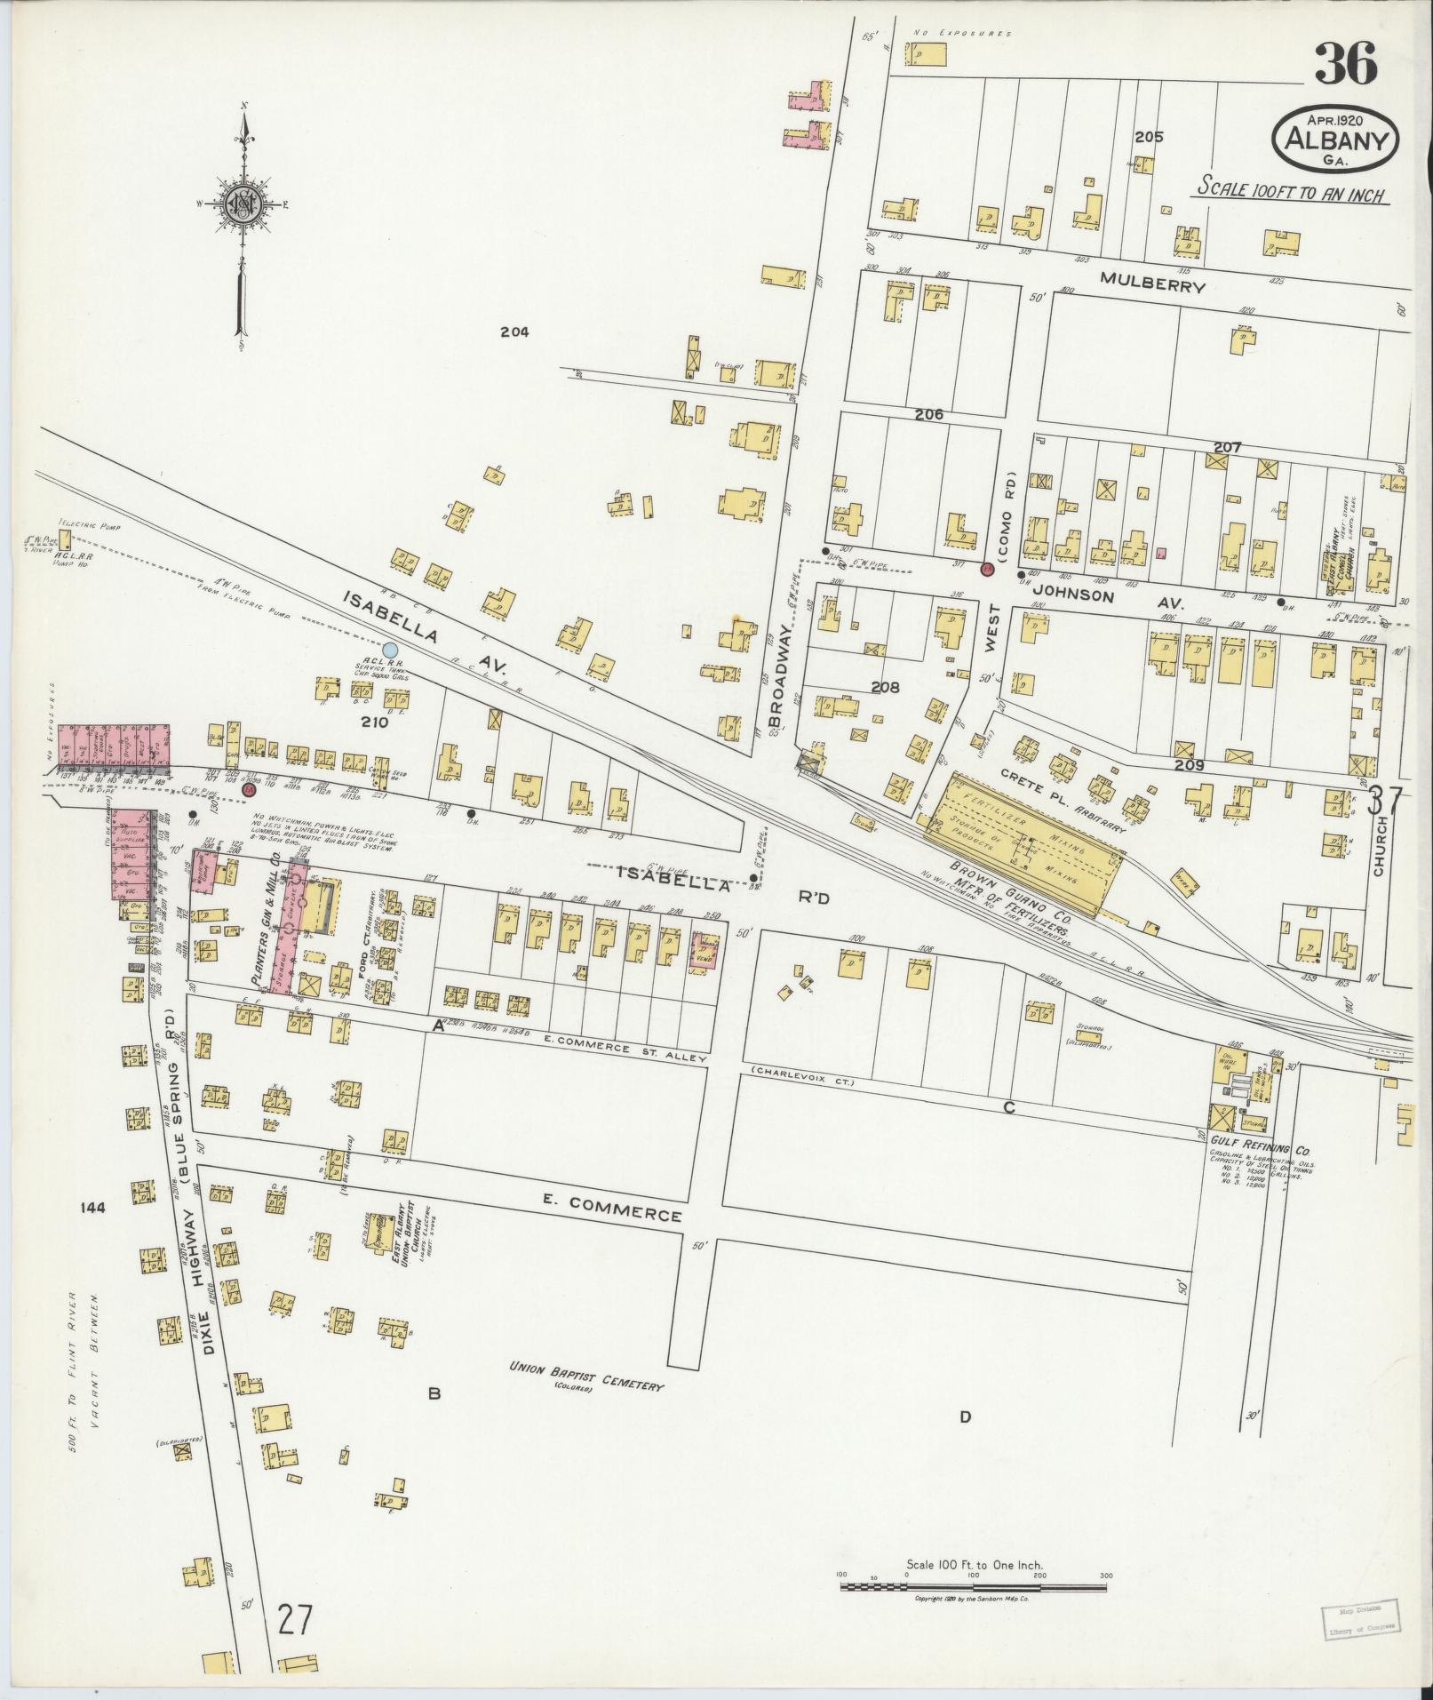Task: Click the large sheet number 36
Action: click(1345, 65)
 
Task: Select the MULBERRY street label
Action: click(1152, 286)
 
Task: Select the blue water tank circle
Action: click(389, 650)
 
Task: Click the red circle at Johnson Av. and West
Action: click(986, 570)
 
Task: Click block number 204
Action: click(513, 331)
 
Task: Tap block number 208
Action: click(885, 687)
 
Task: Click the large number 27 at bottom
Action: click(294, 1620)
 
